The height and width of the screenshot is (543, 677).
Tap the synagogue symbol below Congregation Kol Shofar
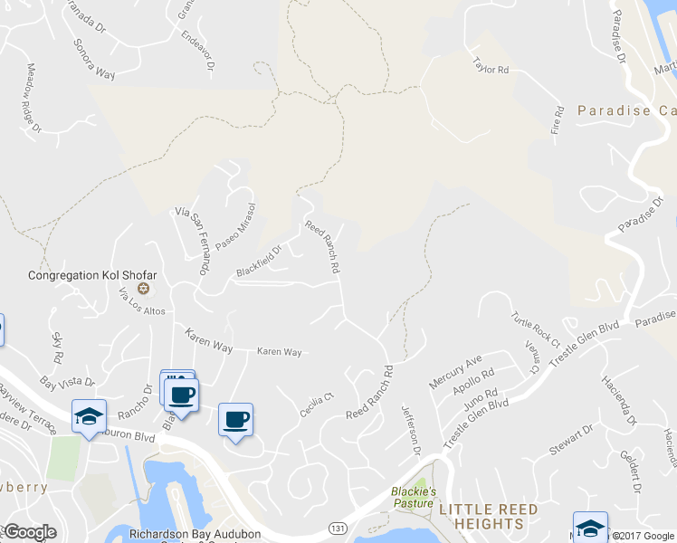click(x=142, y=290)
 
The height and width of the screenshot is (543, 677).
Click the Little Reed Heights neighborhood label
click(x=488, y=517)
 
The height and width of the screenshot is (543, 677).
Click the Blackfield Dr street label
click(x=260, y=262)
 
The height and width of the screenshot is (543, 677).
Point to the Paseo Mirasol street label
click(x=235, y=227)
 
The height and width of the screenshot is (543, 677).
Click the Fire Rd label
click(x=557, y=123)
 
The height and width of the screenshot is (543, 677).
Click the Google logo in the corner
click(x=29, y=532)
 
